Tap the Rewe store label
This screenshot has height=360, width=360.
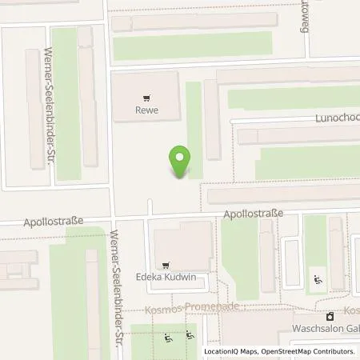pyautogui.click(x=144, y=111)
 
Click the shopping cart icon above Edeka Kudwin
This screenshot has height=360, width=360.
pyautogui.click(x=166, y=265)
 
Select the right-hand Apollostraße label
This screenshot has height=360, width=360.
pyautogui.click(x=253, y=214)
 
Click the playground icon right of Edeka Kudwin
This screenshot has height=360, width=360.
pyautogui.click(x=318, y=279)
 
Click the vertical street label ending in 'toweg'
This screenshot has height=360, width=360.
pyautogui.click(x=304, y=18)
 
